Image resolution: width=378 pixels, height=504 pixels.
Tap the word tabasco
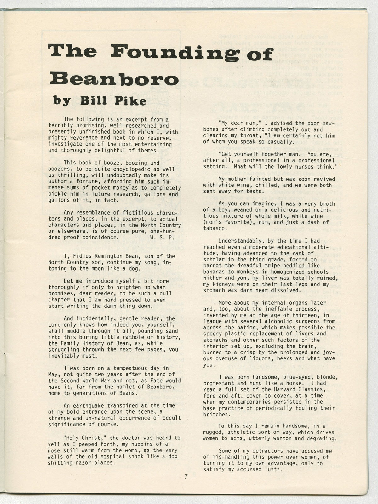[x=214, y=228]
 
